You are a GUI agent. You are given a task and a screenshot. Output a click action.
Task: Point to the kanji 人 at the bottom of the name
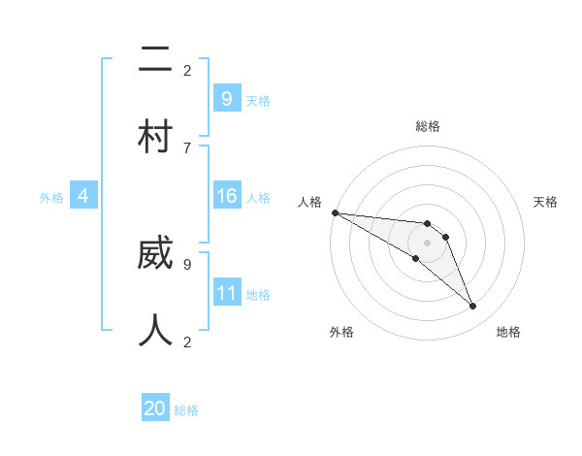tap(155, 330)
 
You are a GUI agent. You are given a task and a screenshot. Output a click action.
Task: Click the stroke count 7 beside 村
tap(187, 147)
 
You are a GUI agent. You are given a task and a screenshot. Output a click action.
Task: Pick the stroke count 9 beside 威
tap(187, 263)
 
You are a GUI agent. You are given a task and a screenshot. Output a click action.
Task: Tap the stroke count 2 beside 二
tap(187, 70)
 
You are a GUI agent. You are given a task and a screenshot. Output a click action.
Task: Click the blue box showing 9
tap(226, 98)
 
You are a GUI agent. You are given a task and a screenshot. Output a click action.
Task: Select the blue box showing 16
tap(226, 197)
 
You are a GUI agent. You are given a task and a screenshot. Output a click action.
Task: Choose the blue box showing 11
tap(226, 293)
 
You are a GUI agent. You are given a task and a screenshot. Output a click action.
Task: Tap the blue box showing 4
tap(83, 197)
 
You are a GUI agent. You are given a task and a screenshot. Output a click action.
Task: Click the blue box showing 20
tap(155, 408)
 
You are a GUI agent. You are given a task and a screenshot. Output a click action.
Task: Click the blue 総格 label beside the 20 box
tap(186, 410)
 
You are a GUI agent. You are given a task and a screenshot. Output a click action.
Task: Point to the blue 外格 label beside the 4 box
tap(51, 198)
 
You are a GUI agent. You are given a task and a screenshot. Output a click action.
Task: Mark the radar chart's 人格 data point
tap(335, 212)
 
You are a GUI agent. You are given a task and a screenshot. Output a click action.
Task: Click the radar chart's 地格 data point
tap(472, 307)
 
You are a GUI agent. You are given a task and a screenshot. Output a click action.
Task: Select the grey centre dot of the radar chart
tap(427, 243)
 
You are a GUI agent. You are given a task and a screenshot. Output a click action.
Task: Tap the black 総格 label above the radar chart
tap(427, 126)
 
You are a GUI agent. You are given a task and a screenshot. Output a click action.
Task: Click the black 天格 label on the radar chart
tap(545, 202)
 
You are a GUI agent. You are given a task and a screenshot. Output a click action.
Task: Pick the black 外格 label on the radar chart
tap(340, 332)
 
